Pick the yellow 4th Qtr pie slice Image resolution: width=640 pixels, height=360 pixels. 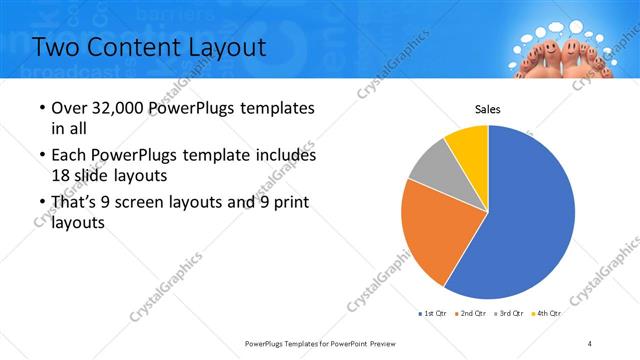click(x=468, y=143)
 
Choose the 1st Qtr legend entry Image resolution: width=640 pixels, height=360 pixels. click(x=434, y=314)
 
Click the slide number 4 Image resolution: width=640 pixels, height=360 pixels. click(x=590, y=343)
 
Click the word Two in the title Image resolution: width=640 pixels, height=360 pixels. click(x=59, y=47)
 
